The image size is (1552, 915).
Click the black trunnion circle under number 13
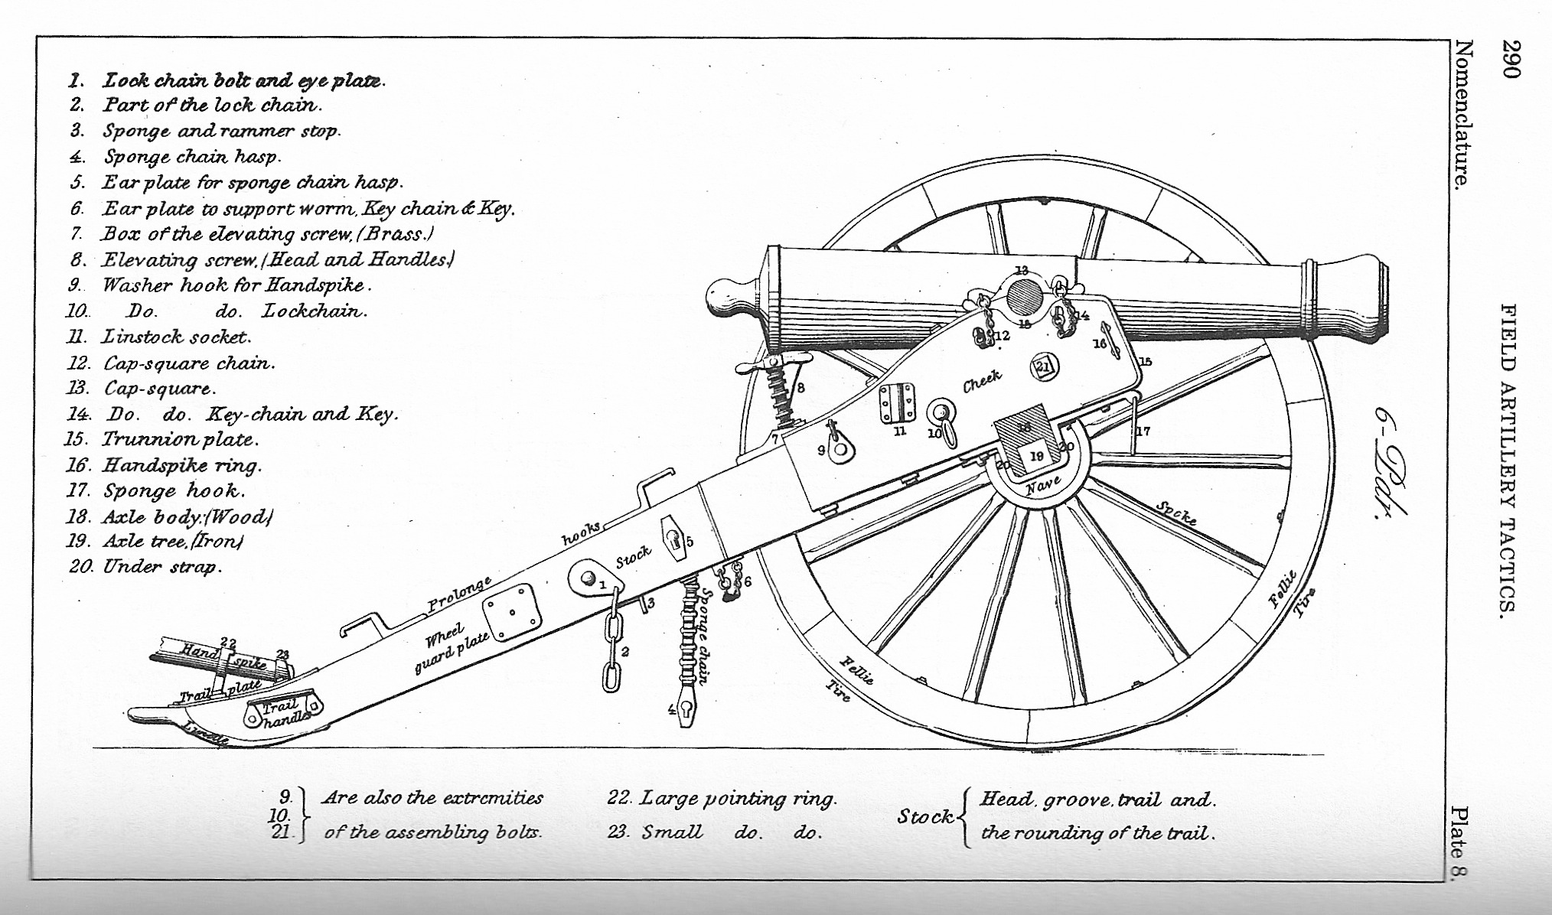point(1023,297)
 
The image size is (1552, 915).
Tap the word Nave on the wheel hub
point(1043,484)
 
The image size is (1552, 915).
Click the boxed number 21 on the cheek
point(1042,367)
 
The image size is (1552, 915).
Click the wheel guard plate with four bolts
point(512,613)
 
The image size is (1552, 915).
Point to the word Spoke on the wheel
point(1176,513)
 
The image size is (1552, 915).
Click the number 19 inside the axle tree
point(1037,457)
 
